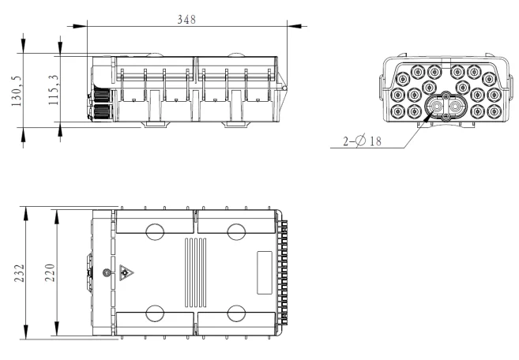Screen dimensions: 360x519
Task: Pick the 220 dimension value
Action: [x=49, y=273]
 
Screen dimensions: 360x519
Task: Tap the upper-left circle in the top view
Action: [x=156, y=231]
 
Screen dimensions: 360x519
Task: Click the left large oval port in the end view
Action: [x=435, y=108]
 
